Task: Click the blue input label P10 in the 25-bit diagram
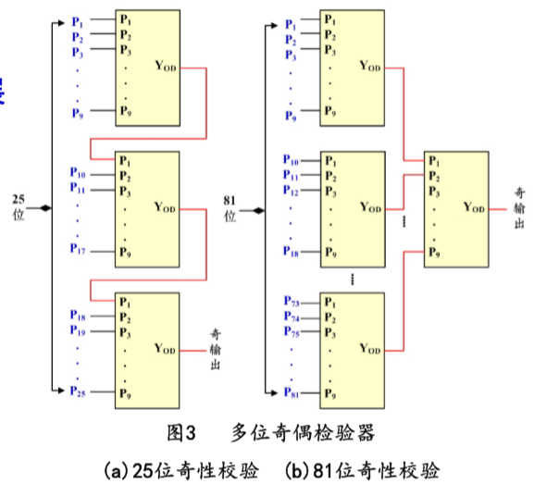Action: [78, 174]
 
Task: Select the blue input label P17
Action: [78, 249]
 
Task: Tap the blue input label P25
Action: [78, 391]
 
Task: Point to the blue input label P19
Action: [78, 331]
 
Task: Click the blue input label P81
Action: [291, 395]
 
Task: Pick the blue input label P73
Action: [291, 303]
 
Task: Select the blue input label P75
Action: [291, 332]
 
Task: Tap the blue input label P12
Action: [291, 191]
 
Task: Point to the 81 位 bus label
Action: [230, 207]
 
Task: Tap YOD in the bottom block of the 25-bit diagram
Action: [165, 349]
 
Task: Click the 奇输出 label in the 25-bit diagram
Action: [216, 349]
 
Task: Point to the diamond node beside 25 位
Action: [44, 210]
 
